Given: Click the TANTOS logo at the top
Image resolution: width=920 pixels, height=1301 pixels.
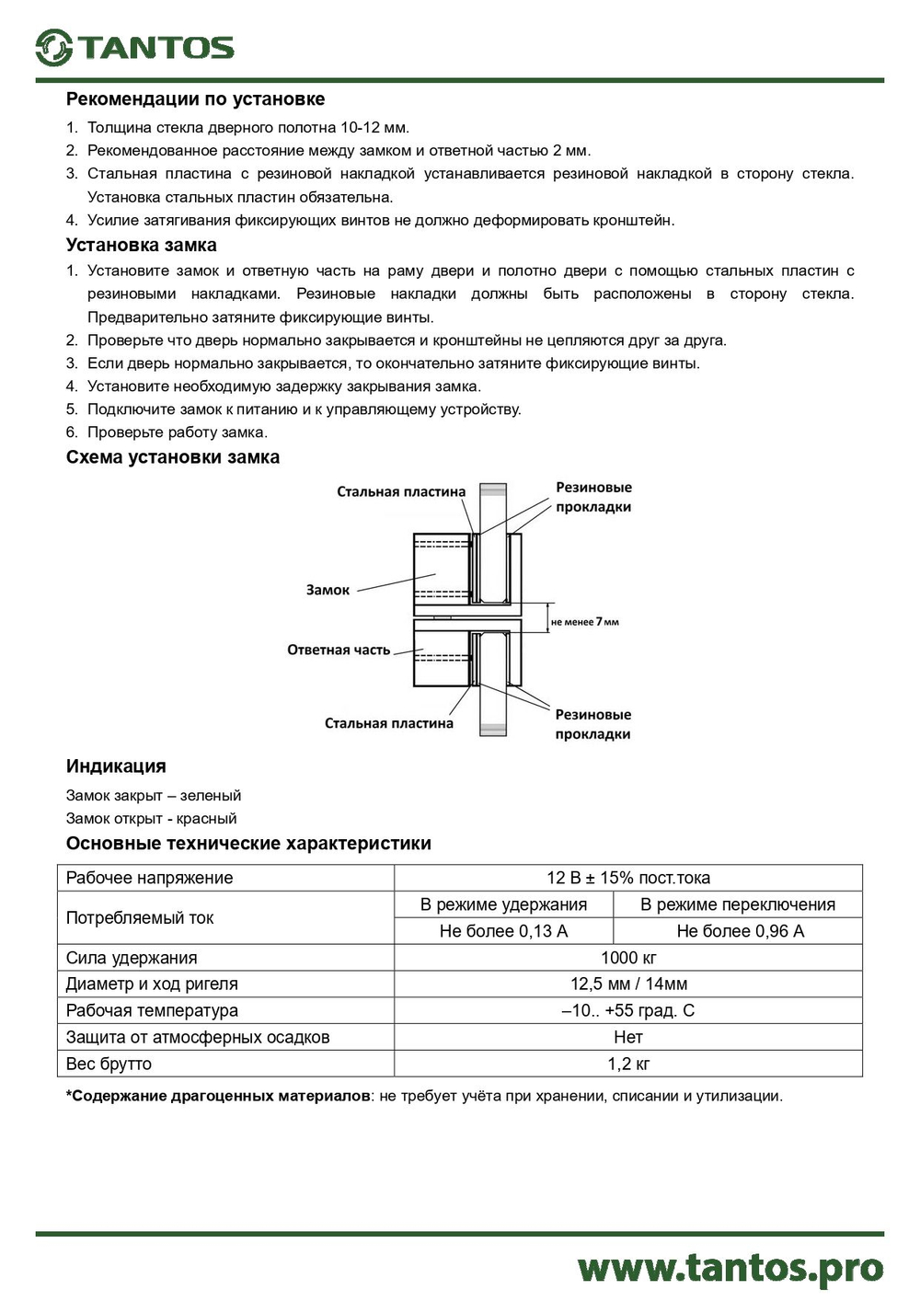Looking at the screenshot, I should tap(135, 47).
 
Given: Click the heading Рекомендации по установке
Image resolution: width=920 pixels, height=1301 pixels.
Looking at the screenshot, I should tap(195, 99).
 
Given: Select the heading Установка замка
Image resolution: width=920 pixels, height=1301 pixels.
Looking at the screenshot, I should tap(141, 246).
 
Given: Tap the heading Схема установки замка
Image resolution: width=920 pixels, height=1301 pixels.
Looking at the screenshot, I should tap(172, 457).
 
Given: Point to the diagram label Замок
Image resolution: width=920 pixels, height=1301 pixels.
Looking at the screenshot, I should tap(328, 591).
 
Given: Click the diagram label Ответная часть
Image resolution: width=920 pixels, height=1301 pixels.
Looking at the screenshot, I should tap(339, 650).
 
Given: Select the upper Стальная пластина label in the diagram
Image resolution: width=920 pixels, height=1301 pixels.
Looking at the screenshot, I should tap(400, 492).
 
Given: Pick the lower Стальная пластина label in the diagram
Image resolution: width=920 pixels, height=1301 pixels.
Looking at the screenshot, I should tap(388, 724).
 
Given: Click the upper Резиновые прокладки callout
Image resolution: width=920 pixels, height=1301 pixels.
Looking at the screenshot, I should tap(593, 497).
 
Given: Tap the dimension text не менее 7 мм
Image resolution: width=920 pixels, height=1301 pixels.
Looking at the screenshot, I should tap(584, 623).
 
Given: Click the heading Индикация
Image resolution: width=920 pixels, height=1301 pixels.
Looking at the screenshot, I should tap(116, 766).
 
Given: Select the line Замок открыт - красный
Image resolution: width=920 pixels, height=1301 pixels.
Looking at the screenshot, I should tap(151, 819).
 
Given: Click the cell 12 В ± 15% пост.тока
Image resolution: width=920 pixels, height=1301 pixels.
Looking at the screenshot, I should tap(628, 878).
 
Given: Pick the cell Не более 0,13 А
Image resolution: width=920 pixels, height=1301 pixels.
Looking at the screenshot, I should tap(503, 931).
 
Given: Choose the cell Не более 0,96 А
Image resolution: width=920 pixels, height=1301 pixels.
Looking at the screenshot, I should tap(740, 931).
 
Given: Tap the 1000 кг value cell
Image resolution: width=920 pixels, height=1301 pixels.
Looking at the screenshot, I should tap(628, 958).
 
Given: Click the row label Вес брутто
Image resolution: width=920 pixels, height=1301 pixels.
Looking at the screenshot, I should tap(109, 1065).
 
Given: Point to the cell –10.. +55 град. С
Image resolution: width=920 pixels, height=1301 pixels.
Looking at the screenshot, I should tap(628, 1011).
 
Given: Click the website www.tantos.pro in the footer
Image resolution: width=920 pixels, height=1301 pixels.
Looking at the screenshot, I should tap(730, 1269).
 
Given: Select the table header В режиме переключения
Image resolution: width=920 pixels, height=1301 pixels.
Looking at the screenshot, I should tap(738, 904).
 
